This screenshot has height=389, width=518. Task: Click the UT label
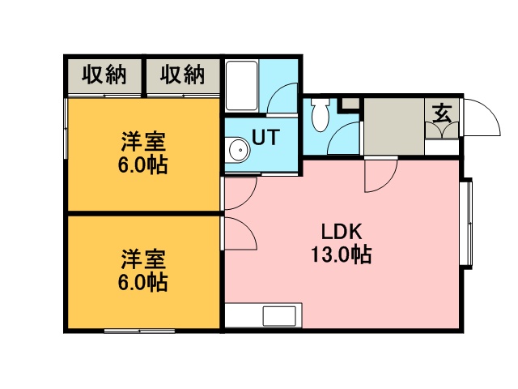[265, 137]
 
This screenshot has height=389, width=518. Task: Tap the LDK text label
[342, 232]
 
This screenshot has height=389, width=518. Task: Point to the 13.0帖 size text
[342, 254]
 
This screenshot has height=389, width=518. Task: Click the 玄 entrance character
[441, 113]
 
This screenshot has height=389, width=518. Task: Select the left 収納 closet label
[104, 75]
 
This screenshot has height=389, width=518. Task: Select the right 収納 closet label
[182, 75]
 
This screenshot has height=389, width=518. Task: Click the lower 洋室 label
[143, 259]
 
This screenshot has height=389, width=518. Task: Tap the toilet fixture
[321, 114]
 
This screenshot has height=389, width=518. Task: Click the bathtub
[241, 86]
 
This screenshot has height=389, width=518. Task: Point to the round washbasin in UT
[239, 150]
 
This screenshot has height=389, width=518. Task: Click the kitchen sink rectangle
[279, 316]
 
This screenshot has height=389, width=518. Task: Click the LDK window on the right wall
[469, 221]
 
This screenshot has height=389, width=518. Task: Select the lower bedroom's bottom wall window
[139, 331]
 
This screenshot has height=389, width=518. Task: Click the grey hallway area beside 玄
[394, 126]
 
